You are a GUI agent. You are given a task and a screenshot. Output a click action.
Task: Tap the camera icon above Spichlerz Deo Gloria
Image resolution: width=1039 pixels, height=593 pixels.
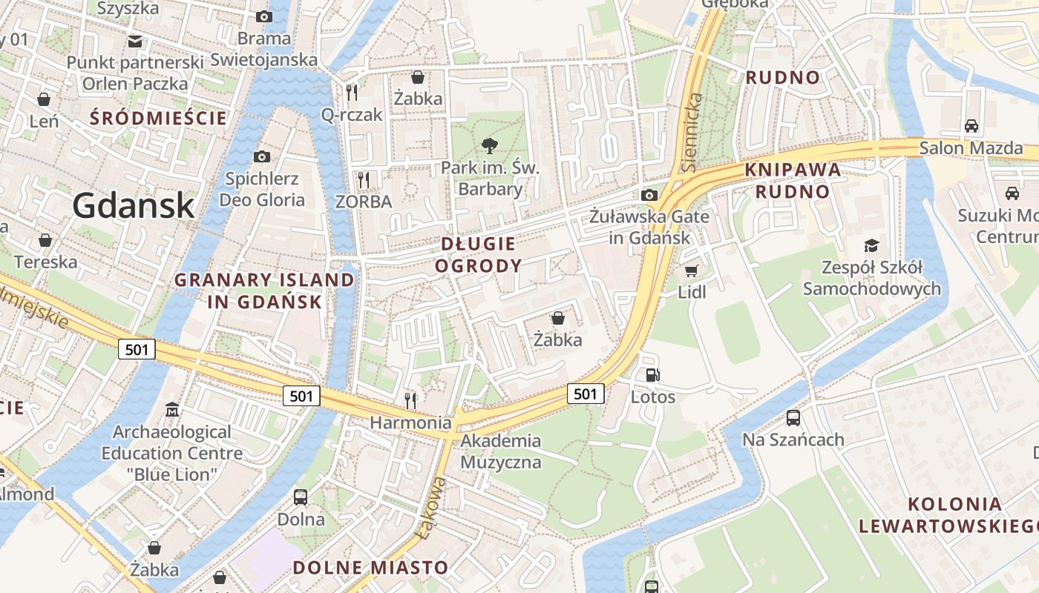point(261,156)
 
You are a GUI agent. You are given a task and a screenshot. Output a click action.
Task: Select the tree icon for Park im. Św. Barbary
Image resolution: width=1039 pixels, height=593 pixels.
point(490,145)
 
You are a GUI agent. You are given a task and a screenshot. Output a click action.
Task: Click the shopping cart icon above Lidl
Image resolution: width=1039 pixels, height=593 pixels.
point(692,271)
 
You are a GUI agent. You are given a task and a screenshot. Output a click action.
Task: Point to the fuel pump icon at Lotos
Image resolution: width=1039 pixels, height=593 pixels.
point(653,375)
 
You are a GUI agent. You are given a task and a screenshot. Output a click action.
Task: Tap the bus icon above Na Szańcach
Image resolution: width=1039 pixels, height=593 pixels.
point(793,418)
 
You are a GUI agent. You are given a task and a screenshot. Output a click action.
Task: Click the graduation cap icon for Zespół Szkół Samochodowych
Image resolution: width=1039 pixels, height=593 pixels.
point(871,245)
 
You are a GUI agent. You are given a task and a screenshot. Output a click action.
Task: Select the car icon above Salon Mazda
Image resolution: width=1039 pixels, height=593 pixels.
point(971,126)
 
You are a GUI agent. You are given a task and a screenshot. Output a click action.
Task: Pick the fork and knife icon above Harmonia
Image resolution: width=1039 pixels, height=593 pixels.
point(410,401)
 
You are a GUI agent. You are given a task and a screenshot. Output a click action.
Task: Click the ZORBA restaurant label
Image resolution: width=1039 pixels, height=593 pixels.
point(364,201)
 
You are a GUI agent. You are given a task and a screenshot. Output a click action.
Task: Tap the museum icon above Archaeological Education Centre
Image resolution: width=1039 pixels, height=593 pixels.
point(172,410)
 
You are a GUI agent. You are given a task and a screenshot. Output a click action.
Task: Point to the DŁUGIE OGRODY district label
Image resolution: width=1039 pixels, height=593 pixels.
point(479,254)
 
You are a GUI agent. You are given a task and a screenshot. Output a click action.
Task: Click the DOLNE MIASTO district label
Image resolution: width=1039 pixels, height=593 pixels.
point(370,568)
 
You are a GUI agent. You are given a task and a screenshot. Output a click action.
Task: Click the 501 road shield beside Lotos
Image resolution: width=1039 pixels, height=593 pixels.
point(586,394)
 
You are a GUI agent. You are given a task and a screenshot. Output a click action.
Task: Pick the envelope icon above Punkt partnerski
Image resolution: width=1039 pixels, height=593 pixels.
point(135,41)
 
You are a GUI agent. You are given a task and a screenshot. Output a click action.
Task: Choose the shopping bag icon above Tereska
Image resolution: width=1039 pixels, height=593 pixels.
point(45,240)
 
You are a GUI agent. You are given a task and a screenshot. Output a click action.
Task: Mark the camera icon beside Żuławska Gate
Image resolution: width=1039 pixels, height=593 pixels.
point(649,195)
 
